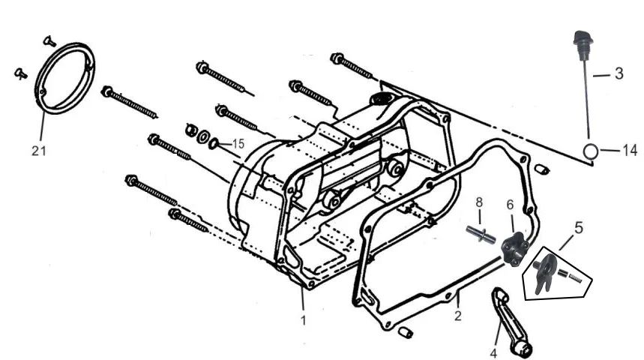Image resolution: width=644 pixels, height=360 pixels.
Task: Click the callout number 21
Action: pyautogui.click(x=38, y=151)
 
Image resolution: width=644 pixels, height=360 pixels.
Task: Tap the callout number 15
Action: pyautogui.click(x=238, y=144)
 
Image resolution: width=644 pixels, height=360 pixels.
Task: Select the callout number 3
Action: pyautogui.click(x=619, y=73)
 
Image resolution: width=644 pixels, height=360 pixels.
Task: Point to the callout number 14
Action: pyautogui.click(x=630, y=151)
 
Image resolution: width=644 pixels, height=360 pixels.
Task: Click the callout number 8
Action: pyautogui.click(x=479, y=202)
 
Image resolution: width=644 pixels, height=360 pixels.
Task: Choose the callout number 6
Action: pyautogui.click(x=510, y=205)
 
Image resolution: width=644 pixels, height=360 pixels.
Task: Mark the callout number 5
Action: pyautogui.click(x=578, y=228)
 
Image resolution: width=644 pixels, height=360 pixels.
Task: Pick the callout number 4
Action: pyautogui.click(x=493, y=353)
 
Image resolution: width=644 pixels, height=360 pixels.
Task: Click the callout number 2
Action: pyautogui.click(x=458, y=316)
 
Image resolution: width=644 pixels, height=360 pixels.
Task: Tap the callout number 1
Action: pyautogui.click(x=303, y=319)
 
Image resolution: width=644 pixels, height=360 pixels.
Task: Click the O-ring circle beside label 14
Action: pyautogui.click(x=590, y=151)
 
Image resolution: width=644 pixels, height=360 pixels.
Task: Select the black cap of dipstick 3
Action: pyautogui.click(x=583, y=39)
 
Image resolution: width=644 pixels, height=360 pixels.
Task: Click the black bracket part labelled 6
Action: pyautogui.click(x=515, y=249)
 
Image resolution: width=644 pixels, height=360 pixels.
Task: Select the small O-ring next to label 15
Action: pyautogui.click(x=214, y=144)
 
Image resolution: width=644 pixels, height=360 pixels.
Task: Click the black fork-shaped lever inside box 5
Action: pyautogui.click(x=545, y=273)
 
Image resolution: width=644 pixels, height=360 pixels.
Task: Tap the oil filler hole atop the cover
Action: pyautogui.click(x=382, y=99)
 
